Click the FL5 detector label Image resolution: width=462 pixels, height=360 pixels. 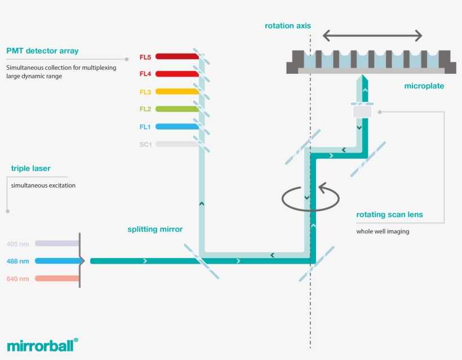pos(145,57)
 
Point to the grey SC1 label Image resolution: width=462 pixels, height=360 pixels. pos(145,144)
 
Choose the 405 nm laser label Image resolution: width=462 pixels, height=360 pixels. pos(17,244)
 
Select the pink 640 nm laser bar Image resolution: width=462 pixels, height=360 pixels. pos(56,278)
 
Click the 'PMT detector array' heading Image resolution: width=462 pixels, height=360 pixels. pos(42,51)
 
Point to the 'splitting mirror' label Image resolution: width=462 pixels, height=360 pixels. pos(155,229)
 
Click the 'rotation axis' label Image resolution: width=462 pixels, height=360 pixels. pos(287,26)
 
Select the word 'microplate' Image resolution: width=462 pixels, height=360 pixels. pos(424,86)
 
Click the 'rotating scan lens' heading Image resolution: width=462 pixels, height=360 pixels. pos(389,215)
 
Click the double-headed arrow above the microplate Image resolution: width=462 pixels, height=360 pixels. pos(372,35)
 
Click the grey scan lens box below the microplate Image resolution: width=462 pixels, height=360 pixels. pos(362,112)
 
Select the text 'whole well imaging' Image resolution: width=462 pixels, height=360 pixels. pos(382,231)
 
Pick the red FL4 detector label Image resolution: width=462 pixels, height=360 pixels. pos(145,74)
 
